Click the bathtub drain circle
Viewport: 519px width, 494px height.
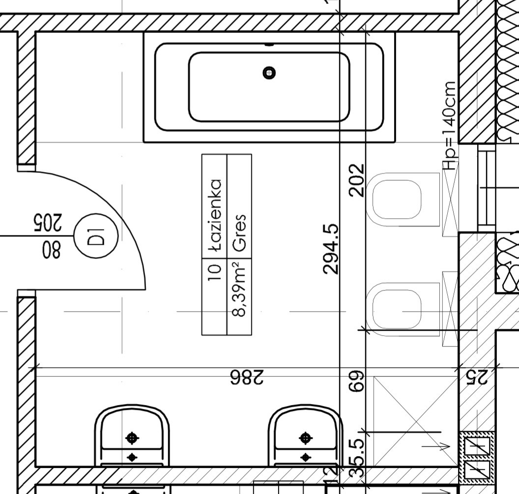click(x=269, y=73)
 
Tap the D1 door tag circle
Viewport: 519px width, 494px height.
click(x=96, y=236)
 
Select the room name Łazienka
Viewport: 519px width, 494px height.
click(x=215, y=215)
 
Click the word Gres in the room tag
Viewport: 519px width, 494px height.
click(x=240, y=232)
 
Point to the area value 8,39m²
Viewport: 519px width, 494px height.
click(x=240, y=288)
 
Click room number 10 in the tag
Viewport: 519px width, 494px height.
click(x=215, y=272)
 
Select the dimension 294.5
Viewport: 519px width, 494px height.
click(x=331, y=249)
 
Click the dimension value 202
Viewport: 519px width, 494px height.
click(x=357, y=180)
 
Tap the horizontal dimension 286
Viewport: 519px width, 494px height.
click(x=247, y=377)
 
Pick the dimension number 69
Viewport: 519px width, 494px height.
click(x=357, y=381)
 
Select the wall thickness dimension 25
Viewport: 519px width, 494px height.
click(x=477, y=377)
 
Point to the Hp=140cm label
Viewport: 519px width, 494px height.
click(x=450, y=125)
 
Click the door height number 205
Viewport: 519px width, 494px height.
click(x=48, y=223)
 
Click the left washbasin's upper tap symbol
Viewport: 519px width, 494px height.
click(x=132, y=438)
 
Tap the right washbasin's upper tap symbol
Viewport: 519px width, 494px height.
click(x=305, y=438)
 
